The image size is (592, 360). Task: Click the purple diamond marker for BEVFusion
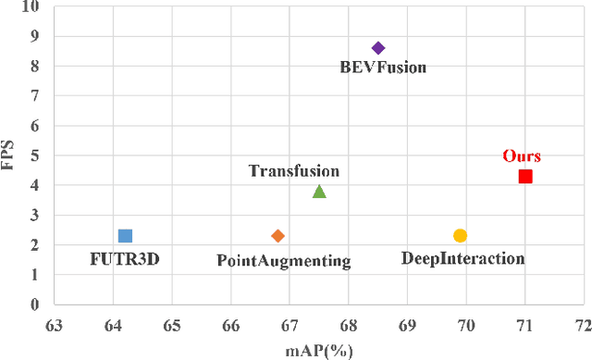pyautogui.click(x=377, y=48)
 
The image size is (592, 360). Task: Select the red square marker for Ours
pyautogui.click(x=525, y=176)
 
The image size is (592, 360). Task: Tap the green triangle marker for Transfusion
pyautogui.click(x=319, y=192)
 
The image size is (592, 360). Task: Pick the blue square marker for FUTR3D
pyautogui.click(x=126, y=236)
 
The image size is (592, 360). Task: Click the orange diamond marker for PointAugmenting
pyautogui.click(x=277, y=236)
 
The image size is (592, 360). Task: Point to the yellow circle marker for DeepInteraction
pyautogui.click(x=460, y=236)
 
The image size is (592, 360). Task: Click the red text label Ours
pyautogui.click(x=522, y=155)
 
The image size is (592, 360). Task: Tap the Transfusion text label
pyautogui.click(x=294, y=170)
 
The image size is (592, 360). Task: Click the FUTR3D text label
pyautogui.click(x=125, y=259)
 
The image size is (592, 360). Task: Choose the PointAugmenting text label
pyautogui.click(x=284, y=261)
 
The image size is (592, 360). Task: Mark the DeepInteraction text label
pyautogui.click(x=463, y=258)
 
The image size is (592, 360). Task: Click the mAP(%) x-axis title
pyautogui.click(x=318, y=350)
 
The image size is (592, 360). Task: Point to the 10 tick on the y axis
pyautogui.click(x=31, y=7)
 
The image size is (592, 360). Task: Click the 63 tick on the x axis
pyautogui.click(x=54, y=325)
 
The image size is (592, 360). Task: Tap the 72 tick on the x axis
pyautogui.click(x=583, y=325)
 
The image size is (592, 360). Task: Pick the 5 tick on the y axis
pyautogui.click(x=35, y=155)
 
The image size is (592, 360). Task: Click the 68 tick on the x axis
pyautogui.click(x=348, y=325)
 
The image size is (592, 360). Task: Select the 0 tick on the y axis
pyautogui.click(x=35, y=304)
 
